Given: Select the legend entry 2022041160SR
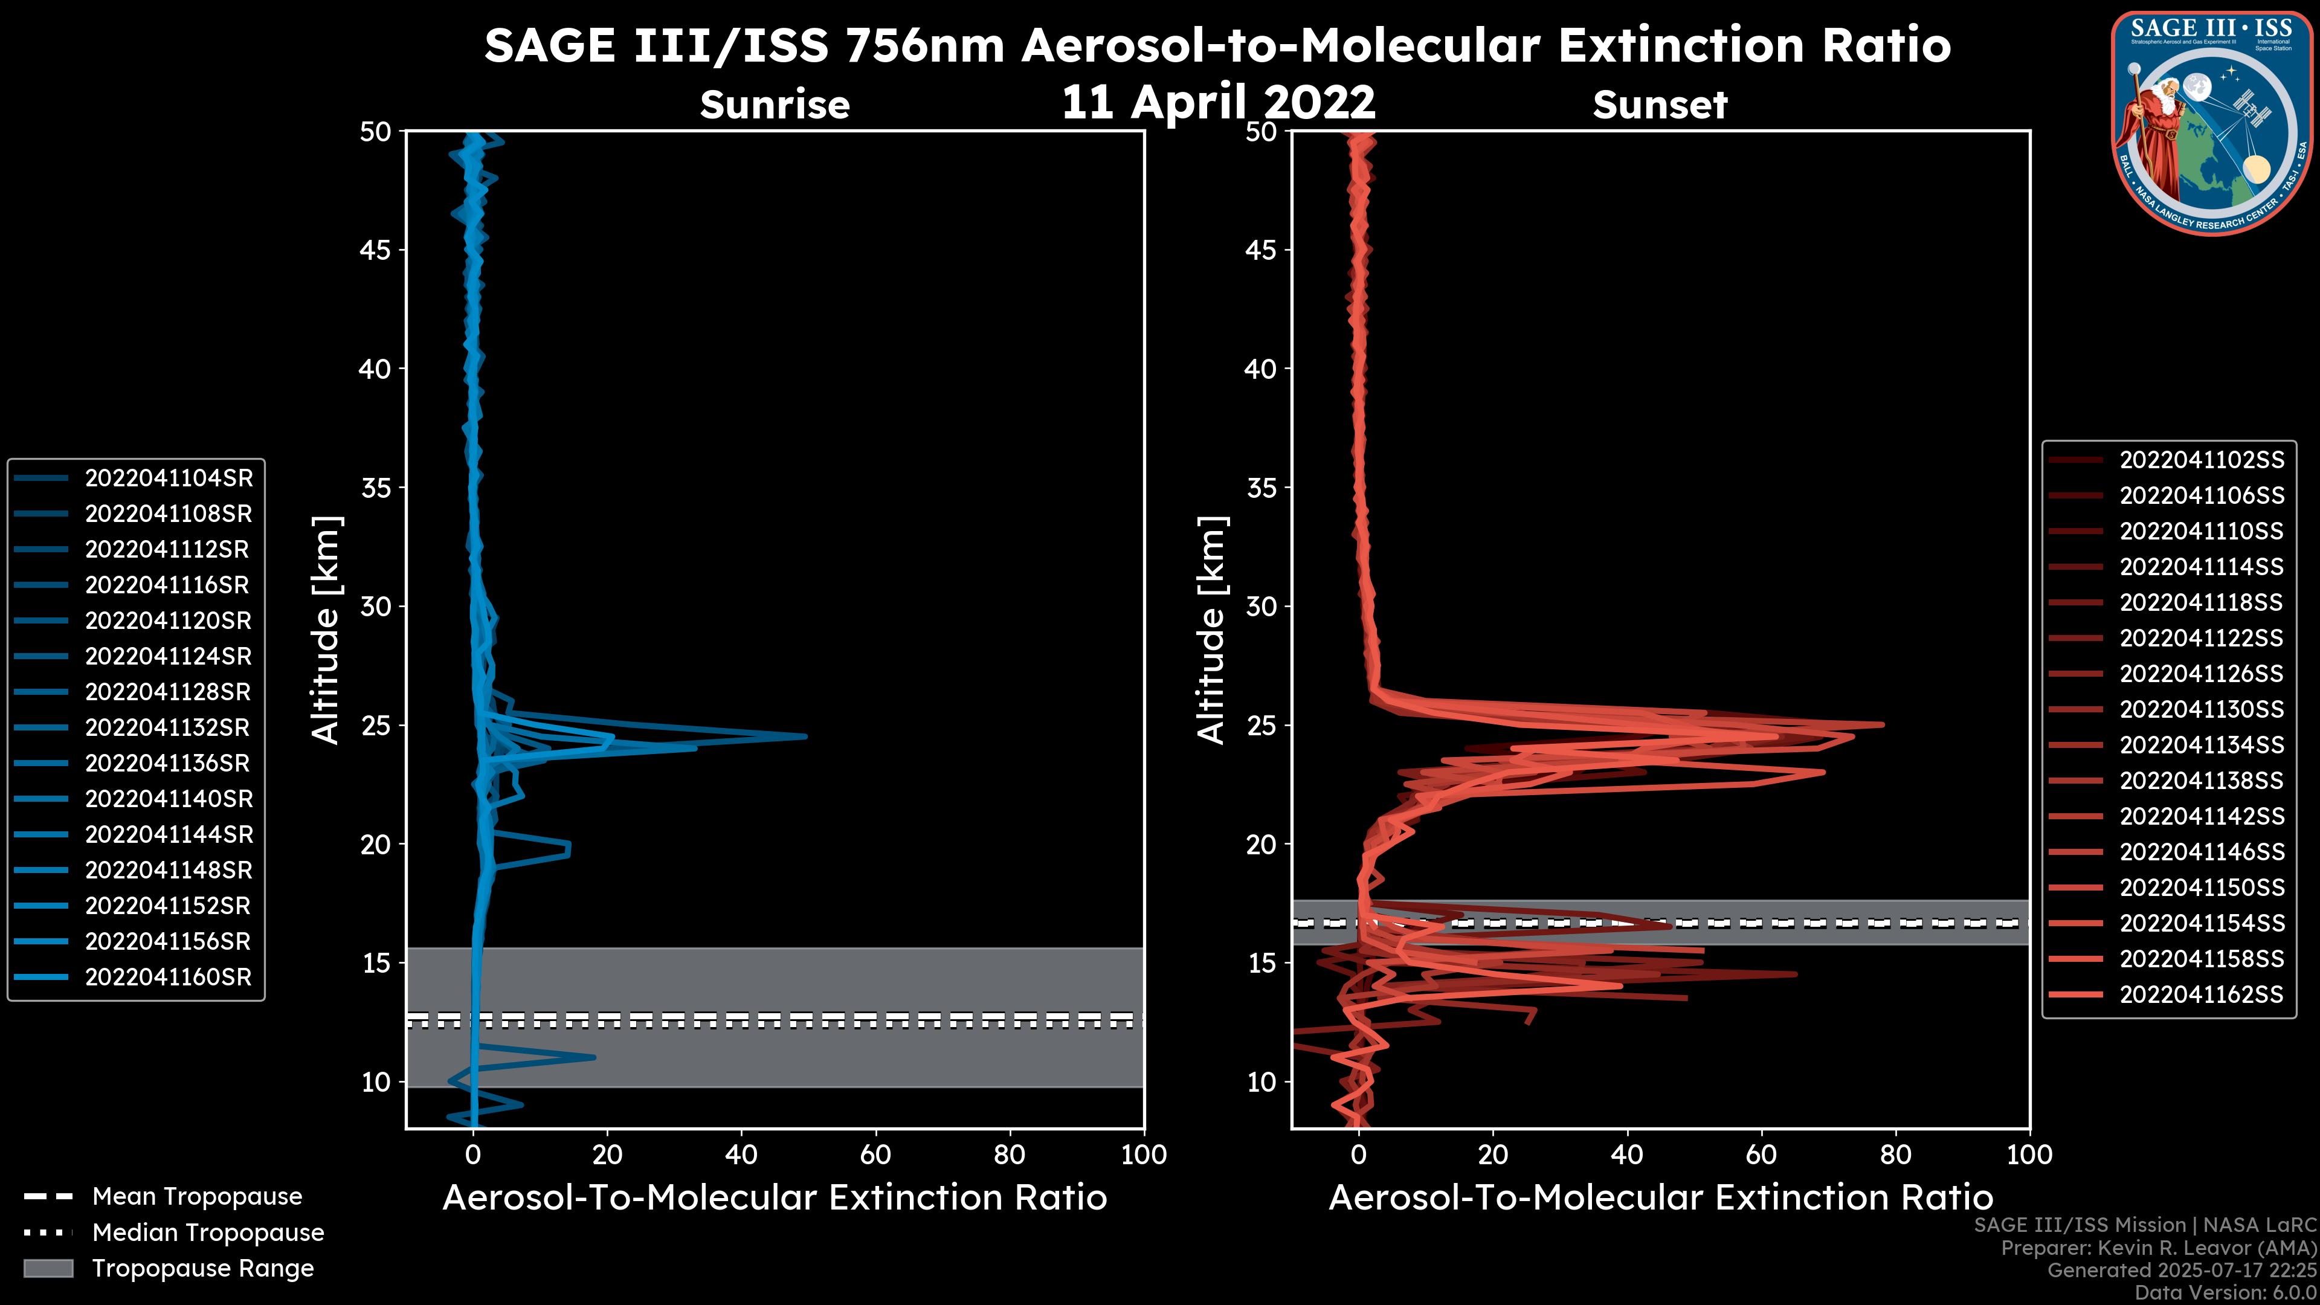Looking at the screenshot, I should (x=169, y=977).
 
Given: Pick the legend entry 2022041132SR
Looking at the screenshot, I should (x=169, y=727).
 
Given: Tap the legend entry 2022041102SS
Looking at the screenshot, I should (x=2201, y=460).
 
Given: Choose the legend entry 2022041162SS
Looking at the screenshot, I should (x=2201, y=994).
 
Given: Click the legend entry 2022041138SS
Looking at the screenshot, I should (x=2201, y=781).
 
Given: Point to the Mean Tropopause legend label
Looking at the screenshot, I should (x=197, y=1196).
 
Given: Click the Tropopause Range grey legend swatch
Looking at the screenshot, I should (x=48, y=1268).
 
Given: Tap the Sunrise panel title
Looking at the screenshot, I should (x=775, y=105).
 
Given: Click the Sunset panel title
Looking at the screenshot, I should (x=1660, y=105).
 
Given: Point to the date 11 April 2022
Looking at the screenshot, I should (x=1219, y=101).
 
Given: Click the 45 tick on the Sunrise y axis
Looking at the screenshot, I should (x=376, y=250).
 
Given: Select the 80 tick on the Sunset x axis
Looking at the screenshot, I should (x=1896, y=1155).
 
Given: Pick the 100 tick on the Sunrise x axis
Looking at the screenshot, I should (x=1143, y=1155).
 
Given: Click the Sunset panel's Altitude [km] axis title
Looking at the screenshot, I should (x=1212, y=630).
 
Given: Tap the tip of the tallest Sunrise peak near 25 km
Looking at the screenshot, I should (x=805, y=736).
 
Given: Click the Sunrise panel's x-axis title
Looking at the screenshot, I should (x=775, y=1198).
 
